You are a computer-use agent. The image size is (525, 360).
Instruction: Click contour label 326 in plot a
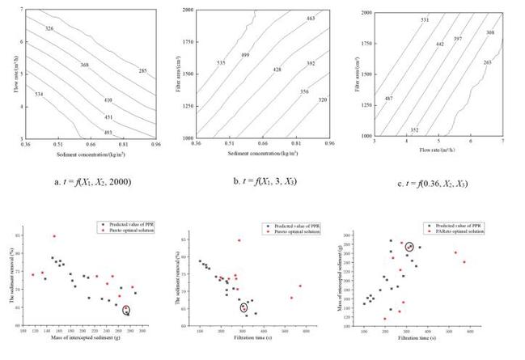(x=49, y=28)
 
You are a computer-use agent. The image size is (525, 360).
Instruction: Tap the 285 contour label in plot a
(x=142, y=71)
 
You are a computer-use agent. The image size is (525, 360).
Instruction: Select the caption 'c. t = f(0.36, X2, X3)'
(x=445, y=181)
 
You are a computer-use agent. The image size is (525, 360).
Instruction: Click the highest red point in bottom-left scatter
(x=54, y=236)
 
